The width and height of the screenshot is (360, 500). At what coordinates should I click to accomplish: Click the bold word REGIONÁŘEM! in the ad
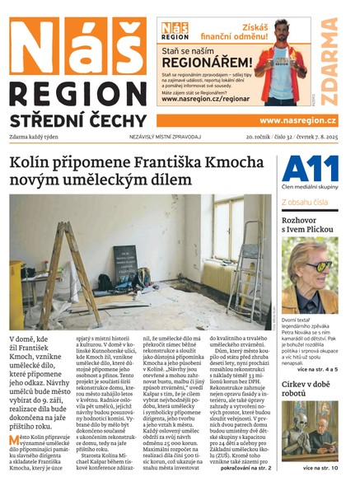(206, 62)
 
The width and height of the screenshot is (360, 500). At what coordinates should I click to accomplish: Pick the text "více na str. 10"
(318, 468)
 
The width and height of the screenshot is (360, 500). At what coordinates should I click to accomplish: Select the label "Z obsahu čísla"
(305, 200)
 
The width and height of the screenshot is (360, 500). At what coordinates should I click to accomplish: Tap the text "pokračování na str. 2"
(236, 468)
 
